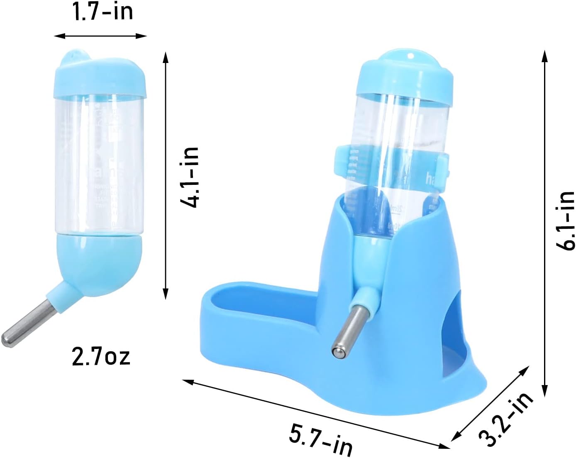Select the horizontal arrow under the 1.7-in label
(x=100, y=36)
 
